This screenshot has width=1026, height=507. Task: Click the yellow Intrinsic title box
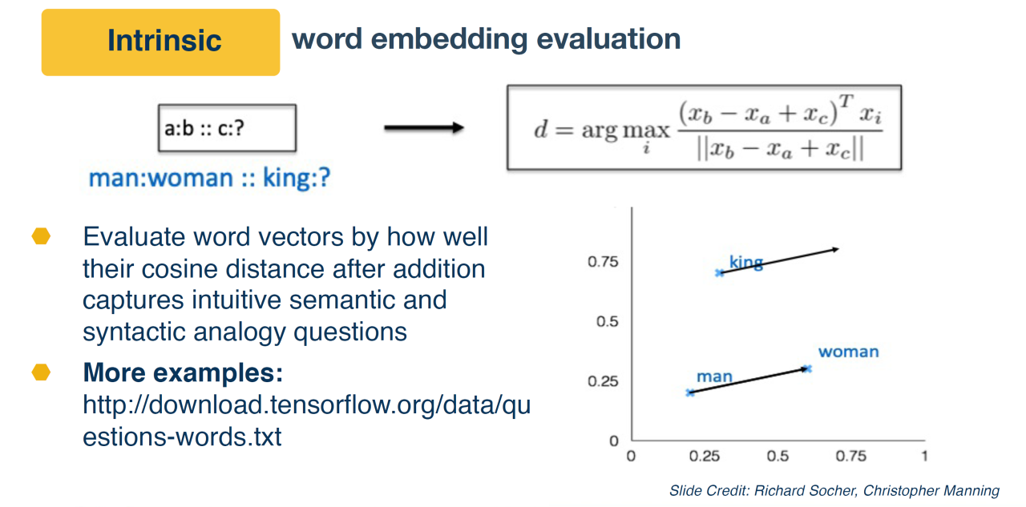(x=161, y=42)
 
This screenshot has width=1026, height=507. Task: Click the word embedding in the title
(x=450, y=40)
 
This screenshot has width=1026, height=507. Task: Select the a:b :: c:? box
(x=227, y=128)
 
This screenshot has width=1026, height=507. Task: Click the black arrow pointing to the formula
(x=424, y=127)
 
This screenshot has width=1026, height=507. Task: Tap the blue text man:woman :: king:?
(x=209, y=178)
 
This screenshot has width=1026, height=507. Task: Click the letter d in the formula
(x=541, y=129)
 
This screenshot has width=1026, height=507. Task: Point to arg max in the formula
(x=626, y=131)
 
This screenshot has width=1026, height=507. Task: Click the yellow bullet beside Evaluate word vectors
(x=41, y=236)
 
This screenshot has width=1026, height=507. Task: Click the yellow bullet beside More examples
(x=41, y=372)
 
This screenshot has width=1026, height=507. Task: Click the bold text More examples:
(x=184, y=372)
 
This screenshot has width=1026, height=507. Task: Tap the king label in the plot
(x=746, y=263)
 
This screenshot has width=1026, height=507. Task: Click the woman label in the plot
(x=849, y=352)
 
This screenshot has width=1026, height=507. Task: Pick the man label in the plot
(x=714, y=376)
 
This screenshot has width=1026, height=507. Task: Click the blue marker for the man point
(x=690, y=392)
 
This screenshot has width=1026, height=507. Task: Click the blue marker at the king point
(x=720, y=273)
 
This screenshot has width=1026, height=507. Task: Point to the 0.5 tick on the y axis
(x=608, y=322)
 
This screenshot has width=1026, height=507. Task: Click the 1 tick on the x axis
(x=925, y=457)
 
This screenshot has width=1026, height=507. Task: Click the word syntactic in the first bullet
(x=135, y=332)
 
